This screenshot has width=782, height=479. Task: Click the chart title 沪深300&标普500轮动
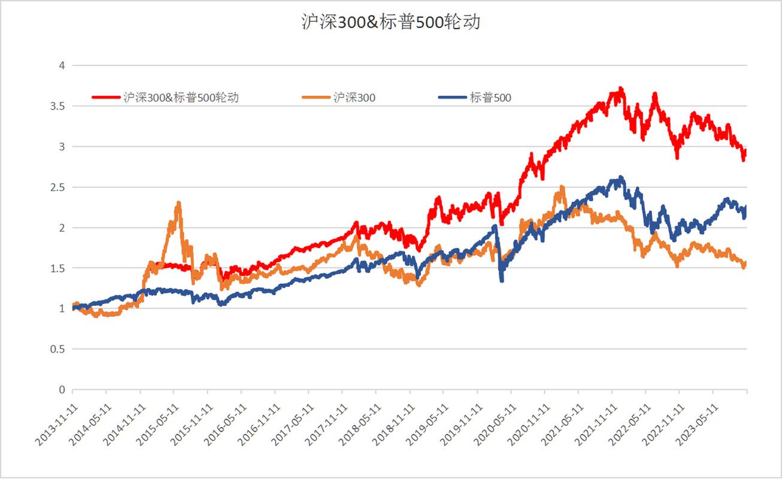(x=390, y=23)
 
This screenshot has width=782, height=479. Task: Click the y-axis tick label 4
(x=60, y=65)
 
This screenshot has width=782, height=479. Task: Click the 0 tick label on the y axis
(x=60, y=390)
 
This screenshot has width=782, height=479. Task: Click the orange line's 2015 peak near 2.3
(x=178, y=203)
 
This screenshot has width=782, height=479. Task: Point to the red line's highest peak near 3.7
(x=621, y=89)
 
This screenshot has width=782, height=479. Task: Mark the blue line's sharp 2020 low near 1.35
(x=502, y=280)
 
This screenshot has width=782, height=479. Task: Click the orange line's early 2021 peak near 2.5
(x=561, y=187)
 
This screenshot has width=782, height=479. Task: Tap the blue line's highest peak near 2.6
(x=621, y=177)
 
